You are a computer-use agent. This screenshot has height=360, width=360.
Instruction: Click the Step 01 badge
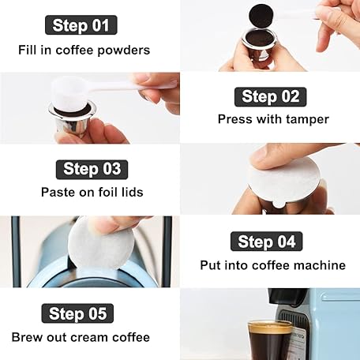[x=81, y=25]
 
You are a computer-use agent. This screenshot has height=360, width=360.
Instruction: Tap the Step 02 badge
[x=271, y=97]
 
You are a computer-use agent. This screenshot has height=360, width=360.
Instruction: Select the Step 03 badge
[x=92, y=170]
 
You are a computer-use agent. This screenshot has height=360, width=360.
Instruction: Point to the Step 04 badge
[x=267, y=242]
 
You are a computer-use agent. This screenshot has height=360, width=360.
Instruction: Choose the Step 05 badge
[x=77, y=313]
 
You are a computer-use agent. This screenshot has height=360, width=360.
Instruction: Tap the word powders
[x=124, y=51]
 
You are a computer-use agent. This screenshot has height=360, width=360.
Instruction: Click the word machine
[x=320, y=265]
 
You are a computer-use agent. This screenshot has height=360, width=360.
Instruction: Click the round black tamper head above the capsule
[x=258, y=15]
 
